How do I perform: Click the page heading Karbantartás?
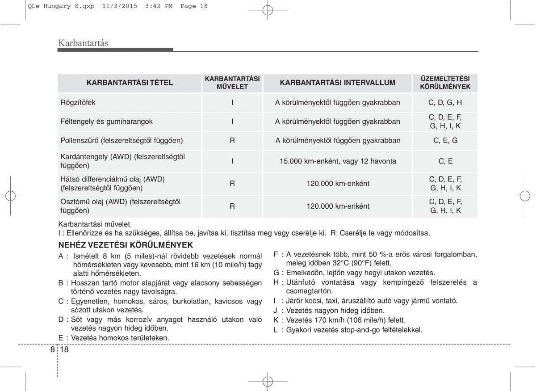tap(83, 43)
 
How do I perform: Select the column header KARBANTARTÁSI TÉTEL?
tap(130, 83)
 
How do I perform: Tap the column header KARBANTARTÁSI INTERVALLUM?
tap(337, 83)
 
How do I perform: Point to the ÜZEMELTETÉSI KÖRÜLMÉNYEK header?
tap(445, 83)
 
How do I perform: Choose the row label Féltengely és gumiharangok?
tap(106, 122)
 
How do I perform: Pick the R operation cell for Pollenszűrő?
tap(232, 140)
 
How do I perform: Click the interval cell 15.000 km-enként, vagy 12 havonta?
tap(338, 161)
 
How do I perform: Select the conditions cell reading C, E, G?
tap(445, 140)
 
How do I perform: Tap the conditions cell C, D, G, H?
tap(445, 102)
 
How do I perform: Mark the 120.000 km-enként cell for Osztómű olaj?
tap(338, 206)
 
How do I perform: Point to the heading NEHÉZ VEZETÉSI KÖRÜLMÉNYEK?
tap(126, 245)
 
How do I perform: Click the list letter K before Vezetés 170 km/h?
tap(276, 320)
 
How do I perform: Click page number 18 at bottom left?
tap(64, 349)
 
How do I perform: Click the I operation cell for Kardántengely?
tap(232, 161)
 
